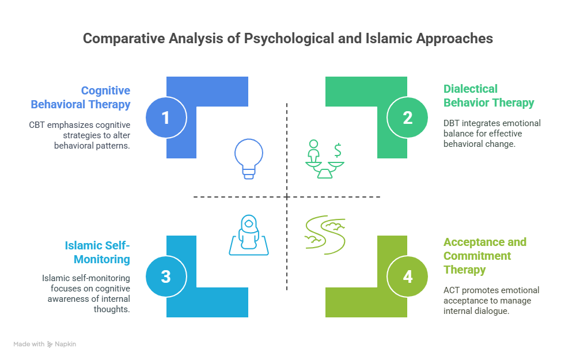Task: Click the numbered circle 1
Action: coord(166,118)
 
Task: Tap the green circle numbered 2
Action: coord(407,118)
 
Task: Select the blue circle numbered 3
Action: coord(166,276)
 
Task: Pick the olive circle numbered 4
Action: coord(407,276)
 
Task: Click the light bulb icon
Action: coord(249,159)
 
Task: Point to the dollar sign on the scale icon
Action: coord(338,150)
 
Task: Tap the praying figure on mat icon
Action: coord(249,235)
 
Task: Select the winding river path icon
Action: coord(325,235)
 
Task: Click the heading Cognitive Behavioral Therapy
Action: coord(81,97)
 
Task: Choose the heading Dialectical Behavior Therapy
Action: coord(488,96)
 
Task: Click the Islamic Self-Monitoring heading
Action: coord(97,252)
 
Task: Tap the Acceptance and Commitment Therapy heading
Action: coord(485,256)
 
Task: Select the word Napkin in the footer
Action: coord(66,344)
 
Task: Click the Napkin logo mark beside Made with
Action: coord(50,344)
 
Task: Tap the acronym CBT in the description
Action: coord(37,125)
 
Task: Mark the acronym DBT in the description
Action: coord(452,123)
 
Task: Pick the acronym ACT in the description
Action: coord(452,290)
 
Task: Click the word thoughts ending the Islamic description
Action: coord(112,309)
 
